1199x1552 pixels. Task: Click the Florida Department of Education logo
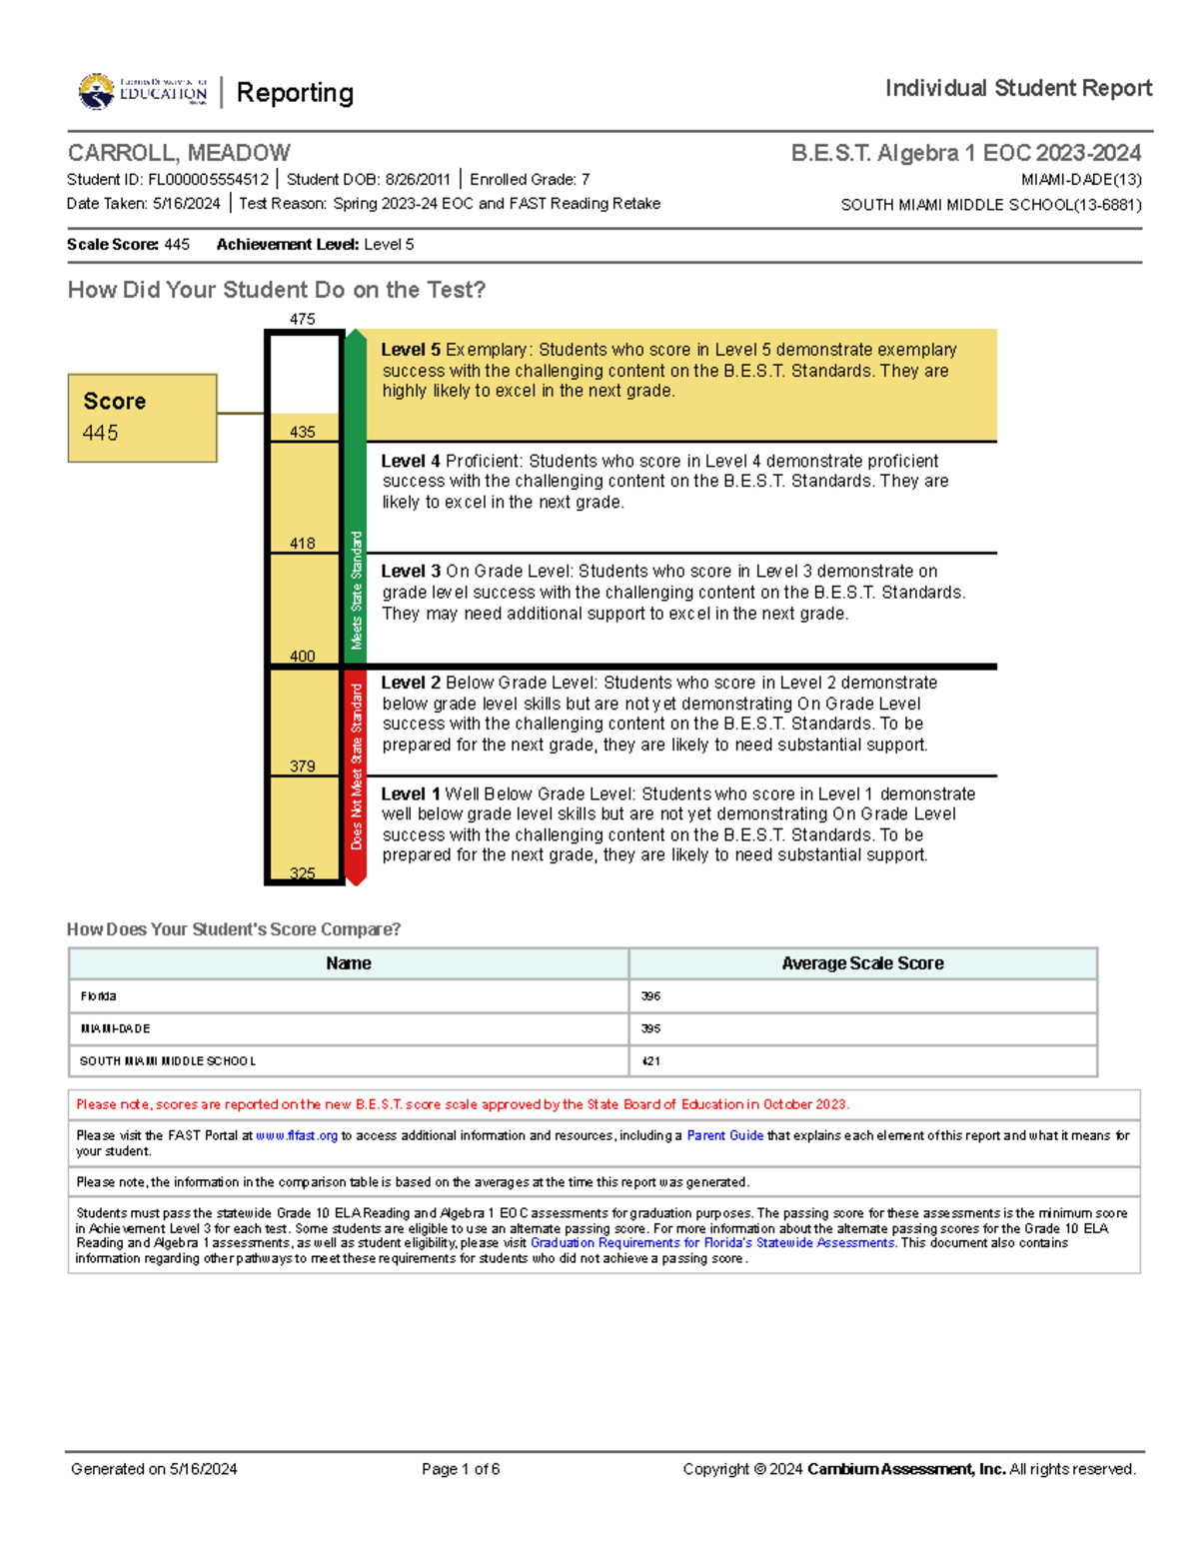coord(143,92)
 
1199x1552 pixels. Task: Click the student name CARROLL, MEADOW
coord(179,153)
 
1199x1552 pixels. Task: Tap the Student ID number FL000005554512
coord(208,180)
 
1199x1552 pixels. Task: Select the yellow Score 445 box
coord(142,418)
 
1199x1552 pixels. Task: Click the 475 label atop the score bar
coord(303,319)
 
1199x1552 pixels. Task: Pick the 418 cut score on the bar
coord(303,543)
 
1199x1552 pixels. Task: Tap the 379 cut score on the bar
coord(303,766)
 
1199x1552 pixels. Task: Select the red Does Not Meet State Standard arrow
coord(356,775)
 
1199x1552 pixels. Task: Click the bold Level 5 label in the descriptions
coord(410,350)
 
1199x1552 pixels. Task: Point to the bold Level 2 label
coord(410,683)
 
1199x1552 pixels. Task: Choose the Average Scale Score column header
coord(862,963)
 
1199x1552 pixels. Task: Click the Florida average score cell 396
coord(650,996)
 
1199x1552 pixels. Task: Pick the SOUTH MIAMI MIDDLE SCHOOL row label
coord(168,1061)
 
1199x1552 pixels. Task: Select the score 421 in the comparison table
coord(650,1061)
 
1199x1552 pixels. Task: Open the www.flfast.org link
coord(297,1135)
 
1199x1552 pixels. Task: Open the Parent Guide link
coord(724,1135)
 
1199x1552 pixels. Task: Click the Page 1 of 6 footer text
coord(461,1469)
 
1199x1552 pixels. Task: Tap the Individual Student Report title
coord(1018,88)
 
